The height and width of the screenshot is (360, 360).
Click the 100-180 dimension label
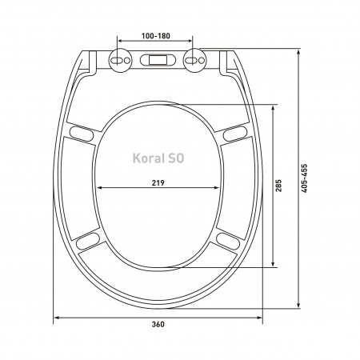coord(155,36)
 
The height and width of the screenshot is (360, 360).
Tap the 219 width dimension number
coord(158,182)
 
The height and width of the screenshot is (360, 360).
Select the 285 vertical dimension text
coord(278,186)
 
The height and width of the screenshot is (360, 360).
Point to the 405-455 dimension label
coord(304,178)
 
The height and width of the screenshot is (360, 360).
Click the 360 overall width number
coord(158,324)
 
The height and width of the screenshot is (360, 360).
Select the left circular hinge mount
coord(120,60)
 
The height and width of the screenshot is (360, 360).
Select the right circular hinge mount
coord(194,60)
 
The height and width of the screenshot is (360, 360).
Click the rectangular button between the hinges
coord(158,60)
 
